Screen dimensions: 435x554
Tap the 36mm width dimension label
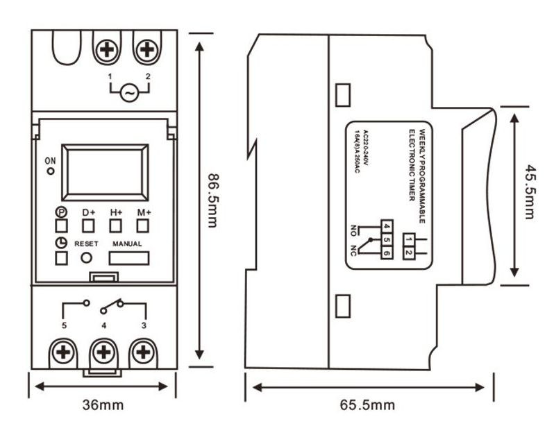click(x=102, y=404)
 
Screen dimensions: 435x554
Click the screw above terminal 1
click(x=107, y=50)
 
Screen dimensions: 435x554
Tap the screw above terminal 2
click(x=146, y=50)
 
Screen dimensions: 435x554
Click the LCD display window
click(x=105, y=171)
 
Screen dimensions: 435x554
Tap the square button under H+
click(x=115, y=225)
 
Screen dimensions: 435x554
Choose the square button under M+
click(x=142, y=225)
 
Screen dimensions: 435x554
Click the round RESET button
click(x=87, y=257)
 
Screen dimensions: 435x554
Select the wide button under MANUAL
click(x=128, y=258)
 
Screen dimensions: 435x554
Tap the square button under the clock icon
click(x=61, y=257)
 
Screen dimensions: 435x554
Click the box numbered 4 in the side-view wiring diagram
click(x=386, y=225)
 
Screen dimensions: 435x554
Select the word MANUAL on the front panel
click(x=127, y=244)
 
